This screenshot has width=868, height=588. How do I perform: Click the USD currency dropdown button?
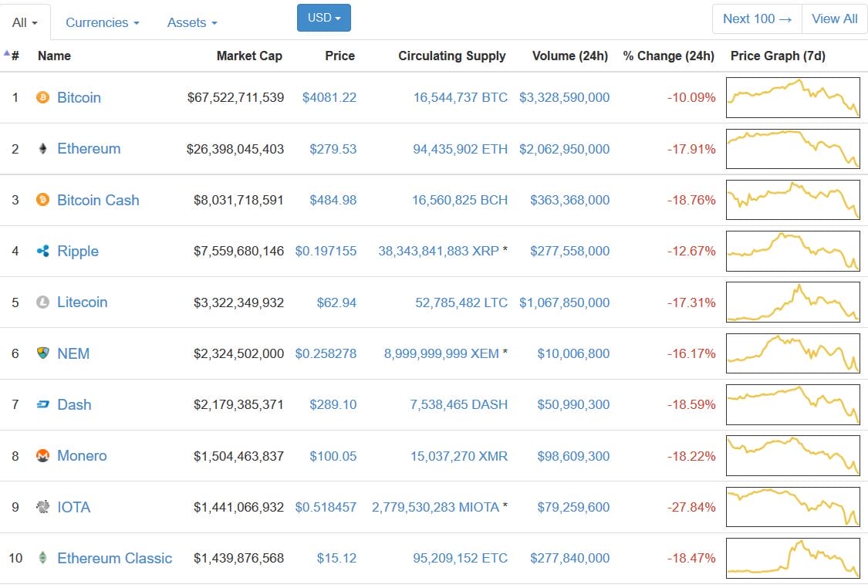pyautogui.click(x=323, y=18)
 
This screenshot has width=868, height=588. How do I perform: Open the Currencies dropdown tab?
pyautogui.click(x=103, y=22)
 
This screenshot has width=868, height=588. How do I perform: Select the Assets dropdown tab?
pyautogui.click(x=192, y=22)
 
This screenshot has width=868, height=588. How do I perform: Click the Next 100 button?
pyautogui.click(x=757, y=19)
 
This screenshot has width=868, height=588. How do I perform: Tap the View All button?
pyautogui.click(x=834, y=19)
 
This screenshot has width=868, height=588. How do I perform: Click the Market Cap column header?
pyautogui.click(x=249, y=56)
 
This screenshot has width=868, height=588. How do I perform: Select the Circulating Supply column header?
pyautogui.click(x=451, y=56)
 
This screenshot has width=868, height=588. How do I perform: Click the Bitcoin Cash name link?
pyautogui.click(x=98, y=200)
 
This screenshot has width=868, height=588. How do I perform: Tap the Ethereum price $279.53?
pyautogui.click(x=333, y=149)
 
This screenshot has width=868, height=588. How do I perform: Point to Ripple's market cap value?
pyautogui.click(x=238, y=251)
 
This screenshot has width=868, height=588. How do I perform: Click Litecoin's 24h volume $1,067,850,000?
pyautogui.click(x=564, y=302)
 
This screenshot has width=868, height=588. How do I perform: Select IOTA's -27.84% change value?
pyautogui.click(x=691, y=507)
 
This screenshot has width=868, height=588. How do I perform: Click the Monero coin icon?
pyautogui.click(x=43, y=456)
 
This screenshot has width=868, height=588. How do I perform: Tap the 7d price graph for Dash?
pyautogui.click(x=792, y=404)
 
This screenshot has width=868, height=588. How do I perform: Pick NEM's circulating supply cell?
pyautogui.click(x=441, y=353)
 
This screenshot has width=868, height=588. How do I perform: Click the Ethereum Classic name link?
pyautogui.click(x=114, y=558)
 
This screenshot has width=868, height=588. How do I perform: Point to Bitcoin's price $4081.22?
pyautogui.click(x=329, y=97)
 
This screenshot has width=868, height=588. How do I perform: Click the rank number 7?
pyautogui.click(x=15, y=404)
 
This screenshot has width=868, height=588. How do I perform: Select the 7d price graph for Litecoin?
pyautogui.click(x=792, y=302)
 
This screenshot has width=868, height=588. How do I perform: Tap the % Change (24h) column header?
pyautogui.click(x=668, y=56)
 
